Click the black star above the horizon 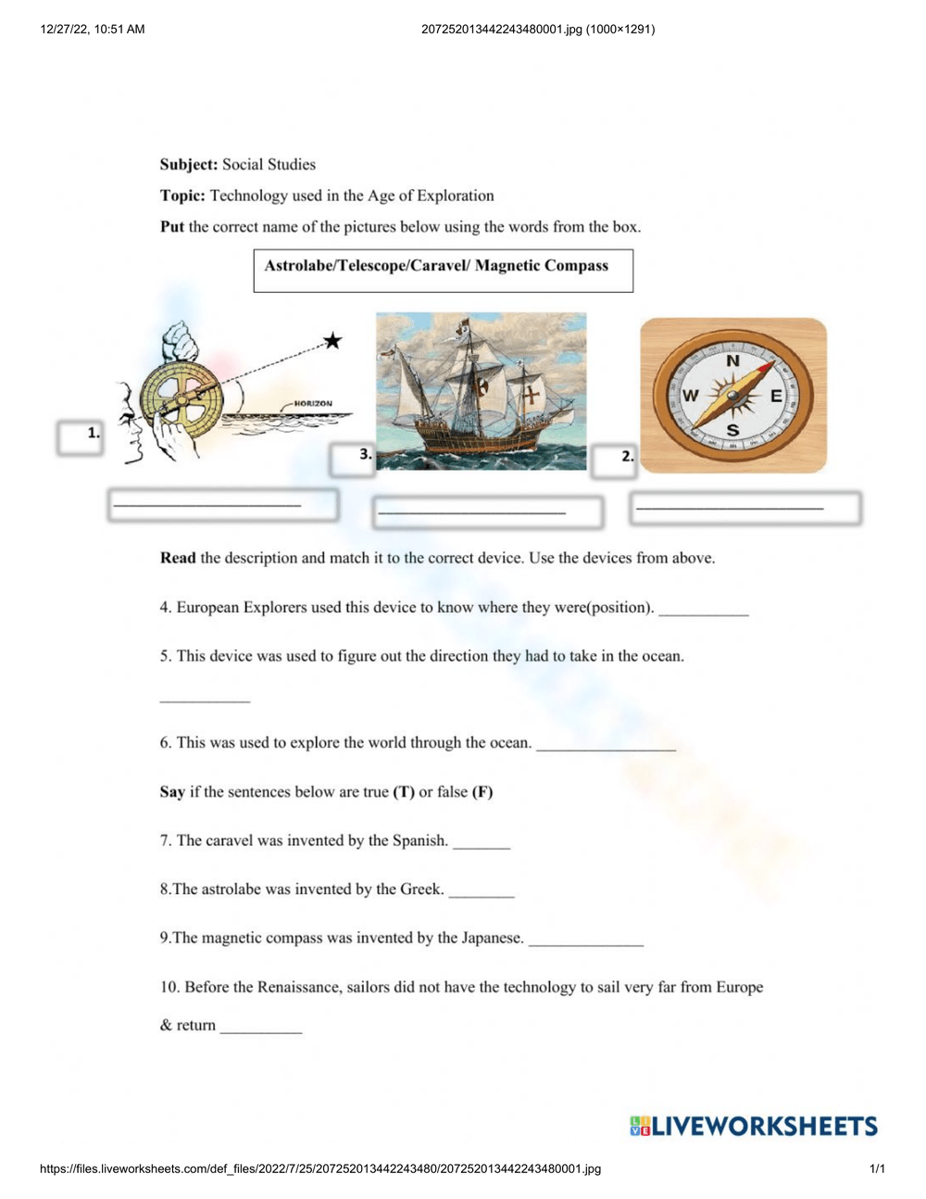tap(332, 341)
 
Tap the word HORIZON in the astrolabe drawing tap(313, 404)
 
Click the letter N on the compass tap(732, 361)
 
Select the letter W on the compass tap(691, 396)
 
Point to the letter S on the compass tap(732, 430)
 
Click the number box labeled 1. tap(80, 437)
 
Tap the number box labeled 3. tap(353, 458)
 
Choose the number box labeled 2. tap(615, 460)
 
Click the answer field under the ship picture tap(488, 511)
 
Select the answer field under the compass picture tap(745, 508)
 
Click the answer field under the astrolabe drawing tap(222, 505)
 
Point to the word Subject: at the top tap(189, 165)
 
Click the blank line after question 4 tap(703, 611)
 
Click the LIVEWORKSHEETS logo tap(754, 1127)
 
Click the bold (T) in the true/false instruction tap(404, 792)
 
